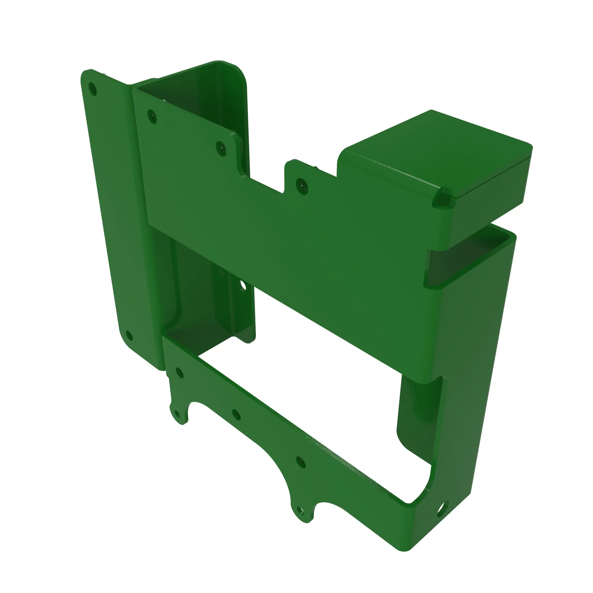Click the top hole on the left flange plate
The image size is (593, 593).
point(93,89)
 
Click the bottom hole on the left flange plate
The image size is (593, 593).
point(129,336)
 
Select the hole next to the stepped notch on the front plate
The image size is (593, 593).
point(221,149)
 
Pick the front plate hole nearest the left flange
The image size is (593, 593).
point(152,117)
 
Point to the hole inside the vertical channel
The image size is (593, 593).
point(243,286)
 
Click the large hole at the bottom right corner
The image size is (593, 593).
point(443,511)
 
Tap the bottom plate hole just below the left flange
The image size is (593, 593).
point(179,373)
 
